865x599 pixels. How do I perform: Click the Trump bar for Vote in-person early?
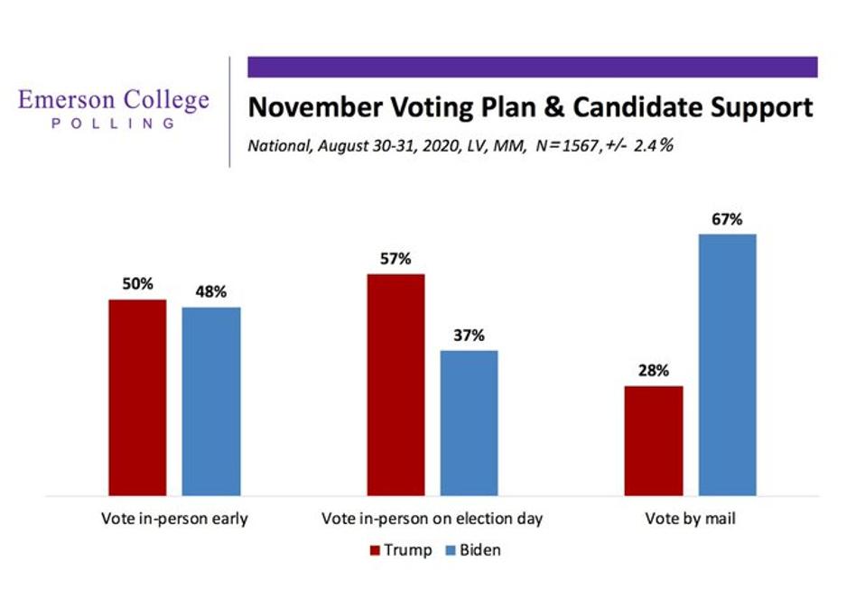[137, 397]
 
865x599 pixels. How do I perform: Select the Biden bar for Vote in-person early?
[211, 401]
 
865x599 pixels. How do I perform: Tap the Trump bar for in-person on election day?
[395, 384]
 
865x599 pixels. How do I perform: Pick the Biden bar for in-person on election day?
[469, 422]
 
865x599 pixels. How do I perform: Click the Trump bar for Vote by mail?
[653, 440]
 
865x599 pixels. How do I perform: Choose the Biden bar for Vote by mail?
[727, 364]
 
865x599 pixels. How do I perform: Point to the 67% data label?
[726, 219]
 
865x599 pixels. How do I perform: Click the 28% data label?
[653, 371]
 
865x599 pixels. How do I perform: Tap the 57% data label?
[395, 259]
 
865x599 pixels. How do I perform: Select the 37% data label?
[469, 335]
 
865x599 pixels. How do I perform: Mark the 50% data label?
[138, 284]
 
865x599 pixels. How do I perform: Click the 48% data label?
[211, 292]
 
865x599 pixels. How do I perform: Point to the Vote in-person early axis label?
[174, 520]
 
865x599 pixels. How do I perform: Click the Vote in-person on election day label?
[432, 520]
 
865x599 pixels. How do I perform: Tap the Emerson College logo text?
[114, 101]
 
